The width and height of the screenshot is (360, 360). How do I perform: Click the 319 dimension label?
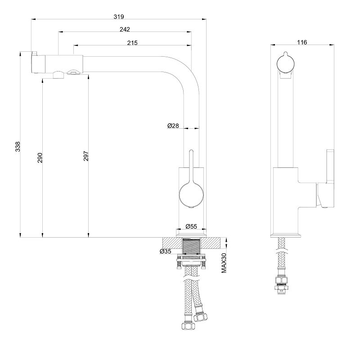coord(119,17)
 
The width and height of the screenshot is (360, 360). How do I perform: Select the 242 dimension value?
coord(125,29)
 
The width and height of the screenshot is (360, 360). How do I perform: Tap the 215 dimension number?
coord(132,43)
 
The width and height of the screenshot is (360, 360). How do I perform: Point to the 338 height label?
coord(18,147)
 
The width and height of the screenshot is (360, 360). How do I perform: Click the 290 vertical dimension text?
coord(40,158)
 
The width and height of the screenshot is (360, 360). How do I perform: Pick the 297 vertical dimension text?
coord(86,156)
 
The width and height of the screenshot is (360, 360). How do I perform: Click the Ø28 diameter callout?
coord(173,126)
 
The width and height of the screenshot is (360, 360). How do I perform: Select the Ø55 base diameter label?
coord(191,226)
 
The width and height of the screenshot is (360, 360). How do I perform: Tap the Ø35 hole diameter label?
coord(166,251)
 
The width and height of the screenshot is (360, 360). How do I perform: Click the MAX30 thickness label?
coord(224,263)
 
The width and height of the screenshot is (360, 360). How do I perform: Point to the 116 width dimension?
coord(302,42)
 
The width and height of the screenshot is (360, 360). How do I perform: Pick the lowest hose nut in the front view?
coord(188,326)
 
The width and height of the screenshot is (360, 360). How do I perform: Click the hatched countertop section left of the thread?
coord(172,243)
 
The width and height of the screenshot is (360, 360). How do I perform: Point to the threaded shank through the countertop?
coord(191,246)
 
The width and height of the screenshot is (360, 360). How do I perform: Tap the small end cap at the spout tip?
coord(34,63)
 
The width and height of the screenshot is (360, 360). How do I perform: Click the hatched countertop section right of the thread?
coord(211,243)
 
